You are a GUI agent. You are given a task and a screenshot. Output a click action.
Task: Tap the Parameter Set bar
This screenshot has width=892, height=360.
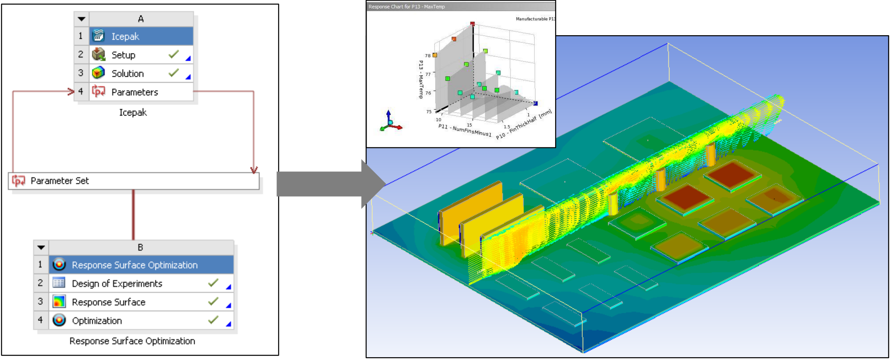[134, 181]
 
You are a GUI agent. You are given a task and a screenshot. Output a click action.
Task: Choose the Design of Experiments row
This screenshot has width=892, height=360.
[141, 283]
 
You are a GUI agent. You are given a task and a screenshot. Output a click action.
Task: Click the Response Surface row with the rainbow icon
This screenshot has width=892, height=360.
[141, 302]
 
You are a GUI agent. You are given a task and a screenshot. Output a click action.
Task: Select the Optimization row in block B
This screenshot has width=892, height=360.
[141, 320]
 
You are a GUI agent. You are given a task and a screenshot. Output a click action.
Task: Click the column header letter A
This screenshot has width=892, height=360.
[141, 19]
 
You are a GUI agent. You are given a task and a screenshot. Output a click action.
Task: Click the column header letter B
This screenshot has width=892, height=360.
[140, 247]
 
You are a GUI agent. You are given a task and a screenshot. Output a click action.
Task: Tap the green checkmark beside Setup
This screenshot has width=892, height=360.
[173, 54]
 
